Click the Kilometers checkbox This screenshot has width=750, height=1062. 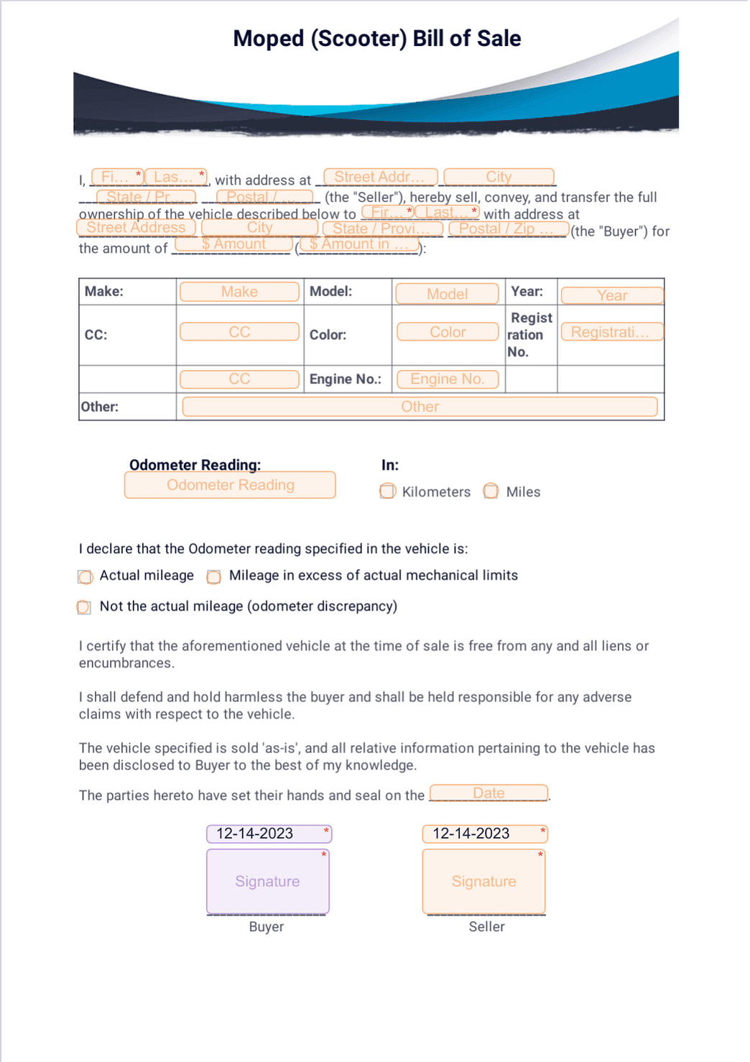(x=387, y=491)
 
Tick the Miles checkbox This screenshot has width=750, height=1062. (x=491, y=491)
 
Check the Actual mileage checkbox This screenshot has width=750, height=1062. (x=85, y=577)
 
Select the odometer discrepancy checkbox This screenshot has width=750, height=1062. (x=84, y=608)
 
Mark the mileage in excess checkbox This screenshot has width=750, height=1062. (x=213, y=577)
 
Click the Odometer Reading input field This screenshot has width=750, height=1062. (x=230, y=485)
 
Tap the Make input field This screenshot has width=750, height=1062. (x=239, y=292)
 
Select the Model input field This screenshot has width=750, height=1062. (x=447, y=294)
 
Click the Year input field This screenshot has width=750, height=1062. (x=612, y=295)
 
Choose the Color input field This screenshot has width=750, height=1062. (x=448, y=332)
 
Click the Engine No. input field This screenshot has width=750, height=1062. (x=447, y=379)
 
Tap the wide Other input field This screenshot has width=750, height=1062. (x=420, y=407)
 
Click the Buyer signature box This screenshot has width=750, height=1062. (x=267, y=882)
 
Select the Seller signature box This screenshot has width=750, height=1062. (x=483, y=882)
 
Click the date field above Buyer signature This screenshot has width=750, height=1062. (x=269, y=834)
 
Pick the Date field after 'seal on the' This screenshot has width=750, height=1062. (x=489, y=793)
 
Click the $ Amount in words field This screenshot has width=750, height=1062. (x=358, y=244)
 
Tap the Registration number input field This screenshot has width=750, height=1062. (x=611, y=332)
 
